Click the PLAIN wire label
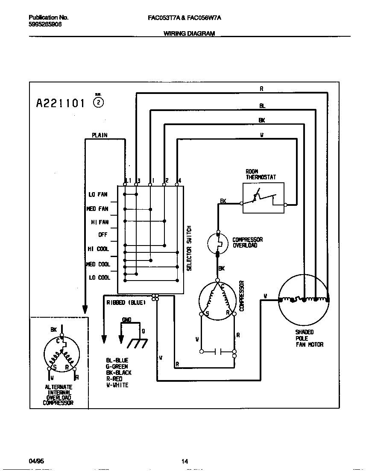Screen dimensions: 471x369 click(x=100, y=135)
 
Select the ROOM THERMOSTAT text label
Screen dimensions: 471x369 click(x=261, y=174)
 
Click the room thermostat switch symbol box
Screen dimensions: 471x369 click(x=264, y=198)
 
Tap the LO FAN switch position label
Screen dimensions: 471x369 click(x=98, y=195)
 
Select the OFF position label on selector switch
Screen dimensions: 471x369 click(x=103, y=235)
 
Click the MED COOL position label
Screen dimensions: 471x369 click(x=98, y=264)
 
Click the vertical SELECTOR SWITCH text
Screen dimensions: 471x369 click(x=189, y=248)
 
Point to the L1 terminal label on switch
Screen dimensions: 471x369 click(x=127, y=181)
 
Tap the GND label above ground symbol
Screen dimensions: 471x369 click(x=127, y=320)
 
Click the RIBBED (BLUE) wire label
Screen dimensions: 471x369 click(x=126, y=303)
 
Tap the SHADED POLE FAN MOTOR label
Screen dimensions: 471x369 click(x=309, y=338)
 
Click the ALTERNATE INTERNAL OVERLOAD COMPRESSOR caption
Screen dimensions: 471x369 click(x=59, y=395)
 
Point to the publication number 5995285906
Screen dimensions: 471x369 click(x=45, y=24)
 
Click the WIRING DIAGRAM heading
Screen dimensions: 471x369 click(x=189, y=33)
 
